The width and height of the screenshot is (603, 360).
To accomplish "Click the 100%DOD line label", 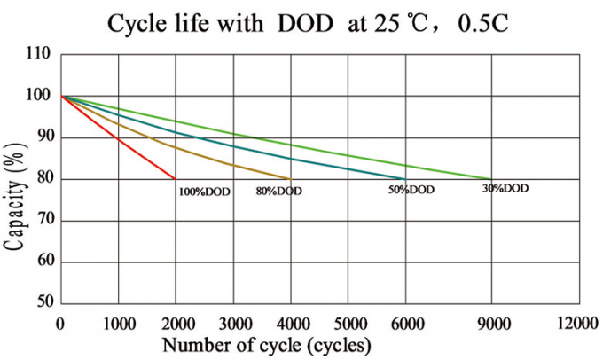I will (x=205, y=191).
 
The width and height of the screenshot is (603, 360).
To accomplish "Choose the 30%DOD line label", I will (x=505, y=189).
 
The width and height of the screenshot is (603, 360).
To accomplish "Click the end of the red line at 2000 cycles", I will (x=176, y=179).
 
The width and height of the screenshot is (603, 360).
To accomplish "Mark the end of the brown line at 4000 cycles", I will (x=291, y=179).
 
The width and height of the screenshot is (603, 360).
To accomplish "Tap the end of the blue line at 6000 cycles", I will (x=406, y=179).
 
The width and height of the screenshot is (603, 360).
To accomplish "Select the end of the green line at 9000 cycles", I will (x=489, y=179).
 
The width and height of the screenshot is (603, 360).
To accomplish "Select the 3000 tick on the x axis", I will (x=233, y=324).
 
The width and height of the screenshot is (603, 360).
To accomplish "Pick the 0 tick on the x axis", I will (x=60, y=324).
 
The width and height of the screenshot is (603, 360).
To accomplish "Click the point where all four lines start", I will (x=60, y=96).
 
